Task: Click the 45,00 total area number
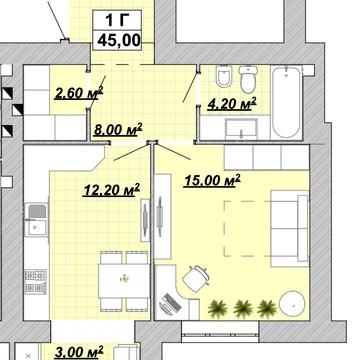pos(119,41)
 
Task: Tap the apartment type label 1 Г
pos(117,20)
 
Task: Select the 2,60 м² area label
pos(79,93)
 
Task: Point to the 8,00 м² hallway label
pos(118,129)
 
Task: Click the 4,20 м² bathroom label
pos(232,103)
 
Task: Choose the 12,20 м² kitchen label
pos(111,190)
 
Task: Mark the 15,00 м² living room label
pos(212,180)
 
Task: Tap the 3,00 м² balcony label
pos(79,352)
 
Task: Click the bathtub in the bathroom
pos(287,102)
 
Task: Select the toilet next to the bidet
pos(249,79)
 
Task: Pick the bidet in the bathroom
pos(224,76)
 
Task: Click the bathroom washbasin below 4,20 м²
pos(241,128)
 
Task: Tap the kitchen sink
pos(37,220)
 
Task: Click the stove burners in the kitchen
pos(36,282)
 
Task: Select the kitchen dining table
pos(124,281)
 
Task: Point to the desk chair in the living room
pos(197,278)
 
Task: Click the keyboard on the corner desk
pos(170,304)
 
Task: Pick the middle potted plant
pos(243,309)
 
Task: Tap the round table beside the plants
pos(292,303)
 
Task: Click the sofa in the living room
pos(290,229)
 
